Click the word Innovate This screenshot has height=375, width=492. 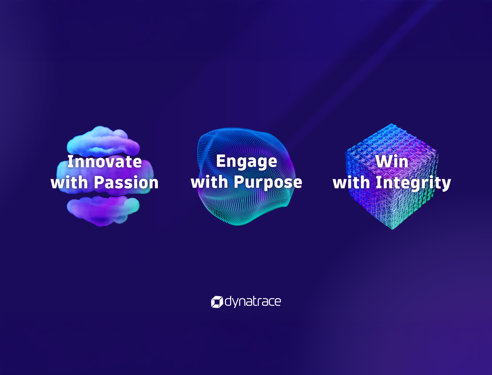pyautogui.click(x=105, y=162)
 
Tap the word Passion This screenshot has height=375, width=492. pyautogui.click(x=126, y=183)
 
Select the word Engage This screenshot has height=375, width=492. pyautogui.click(x=247, y=162)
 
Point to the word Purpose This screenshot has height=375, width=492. pyautogui.click(x=268, y=182)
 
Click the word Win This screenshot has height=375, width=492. pyautogui.click(x=392, y=162)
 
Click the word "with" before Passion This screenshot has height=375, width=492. pyautogui.click(x=69, y=183)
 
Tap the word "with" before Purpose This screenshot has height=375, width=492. pyautogui.click(x=209, y=182)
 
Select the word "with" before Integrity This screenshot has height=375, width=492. pyautogui.click(x=351, y=183)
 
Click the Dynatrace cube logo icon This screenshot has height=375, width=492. pyautogui.click(x=217, y=302)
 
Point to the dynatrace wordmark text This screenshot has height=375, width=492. pyautogui.click(x=253, y=302)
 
